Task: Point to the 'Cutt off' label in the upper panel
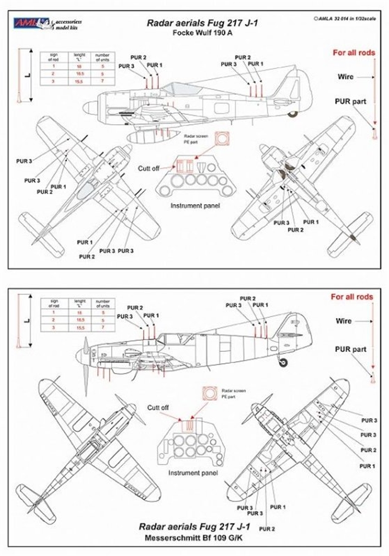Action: [149, 168]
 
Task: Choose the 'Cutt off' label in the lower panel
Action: [158, 407]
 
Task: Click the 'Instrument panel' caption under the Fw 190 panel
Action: [194, 205]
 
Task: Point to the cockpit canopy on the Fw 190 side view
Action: [173, 89]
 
